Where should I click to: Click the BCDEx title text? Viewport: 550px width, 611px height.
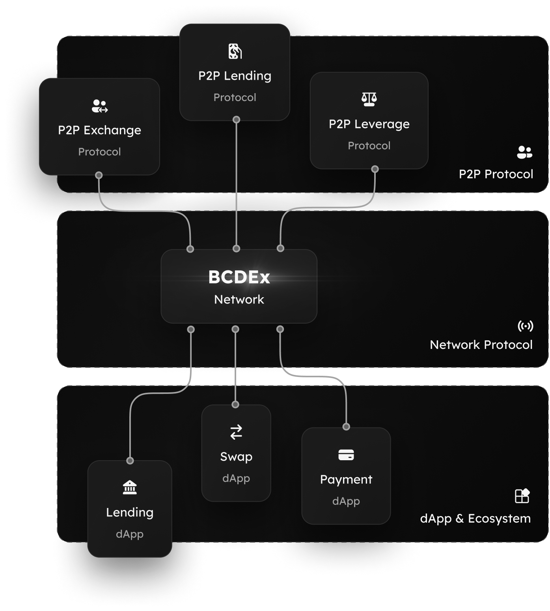tap(239, 277)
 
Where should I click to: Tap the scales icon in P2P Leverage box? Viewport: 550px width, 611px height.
tap(369, 99)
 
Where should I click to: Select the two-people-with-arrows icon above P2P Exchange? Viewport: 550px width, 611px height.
tap(99, 106)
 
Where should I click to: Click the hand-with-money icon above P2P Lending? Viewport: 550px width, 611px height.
tap(235, 51)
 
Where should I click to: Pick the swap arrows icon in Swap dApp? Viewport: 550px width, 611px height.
tap(236, 432)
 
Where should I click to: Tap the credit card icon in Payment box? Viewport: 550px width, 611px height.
tap(346, 455)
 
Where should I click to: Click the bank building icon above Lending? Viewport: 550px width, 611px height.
tap(130, 488)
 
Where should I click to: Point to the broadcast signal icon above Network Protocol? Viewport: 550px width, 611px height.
tap(525, 326)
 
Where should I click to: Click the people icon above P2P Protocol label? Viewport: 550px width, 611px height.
tap(524, 152)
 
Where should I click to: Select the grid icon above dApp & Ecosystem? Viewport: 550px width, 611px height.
tap(522, 496)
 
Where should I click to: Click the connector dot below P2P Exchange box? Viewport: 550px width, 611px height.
tap(99, 175)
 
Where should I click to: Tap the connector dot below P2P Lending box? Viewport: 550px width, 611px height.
tap(236, 120)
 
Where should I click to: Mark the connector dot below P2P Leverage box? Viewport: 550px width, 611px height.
tap(375, 169)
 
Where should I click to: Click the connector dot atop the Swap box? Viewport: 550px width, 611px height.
tap(235, 405)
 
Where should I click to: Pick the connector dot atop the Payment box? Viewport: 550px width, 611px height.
tap(346, 427)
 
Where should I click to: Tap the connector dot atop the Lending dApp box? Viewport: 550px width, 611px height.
tap(130, 461)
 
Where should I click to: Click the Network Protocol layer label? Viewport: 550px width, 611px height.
tap(481, 345)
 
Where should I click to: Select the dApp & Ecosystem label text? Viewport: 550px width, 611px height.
tap(475, 518)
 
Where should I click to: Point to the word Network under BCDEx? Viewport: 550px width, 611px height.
tap(239, 300)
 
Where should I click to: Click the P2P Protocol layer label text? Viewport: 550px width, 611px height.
tap(496, 174)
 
